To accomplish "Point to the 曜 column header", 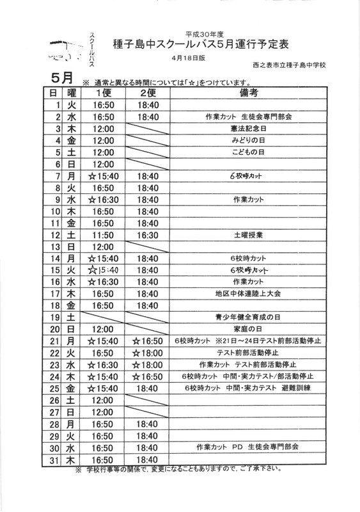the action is pos(72,93).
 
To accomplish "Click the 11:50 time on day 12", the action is pos(103,235).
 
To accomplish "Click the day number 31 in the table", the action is pos(56,460).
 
